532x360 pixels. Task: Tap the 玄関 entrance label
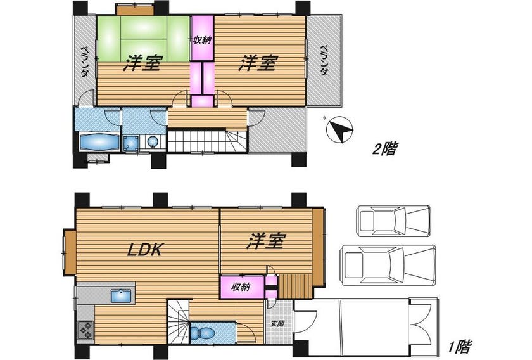(x=277, y=324)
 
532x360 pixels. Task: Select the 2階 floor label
(x=384, y=148)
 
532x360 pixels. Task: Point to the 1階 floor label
(x=460, y=347)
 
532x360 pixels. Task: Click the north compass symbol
(x=339, y=129)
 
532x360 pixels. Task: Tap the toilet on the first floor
(x=202, y=333)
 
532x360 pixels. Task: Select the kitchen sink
(x=121, y=296)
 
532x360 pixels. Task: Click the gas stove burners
(x=85, y=330)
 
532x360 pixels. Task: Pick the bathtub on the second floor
(x=99, y=141)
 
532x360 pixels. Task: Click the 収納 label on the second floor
(x=202, y=41)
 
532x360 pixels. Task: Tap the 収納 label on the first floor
(x=241, y=287)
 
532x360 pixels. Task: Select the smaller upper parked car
(x=393, y=220)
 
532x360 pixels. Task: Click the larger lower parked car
(x=388, y=264)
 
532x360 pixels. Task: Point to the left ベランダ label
(x=84, y=61)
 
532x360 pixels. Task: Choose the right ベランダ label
(x=324, y=60)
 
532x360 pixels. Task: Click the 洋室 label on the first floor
(x=265, y=240)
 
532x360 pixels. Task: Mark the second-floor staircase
(x=207, y=141)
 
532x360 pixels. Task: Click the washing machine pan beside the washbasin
(x=131, y=143)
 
